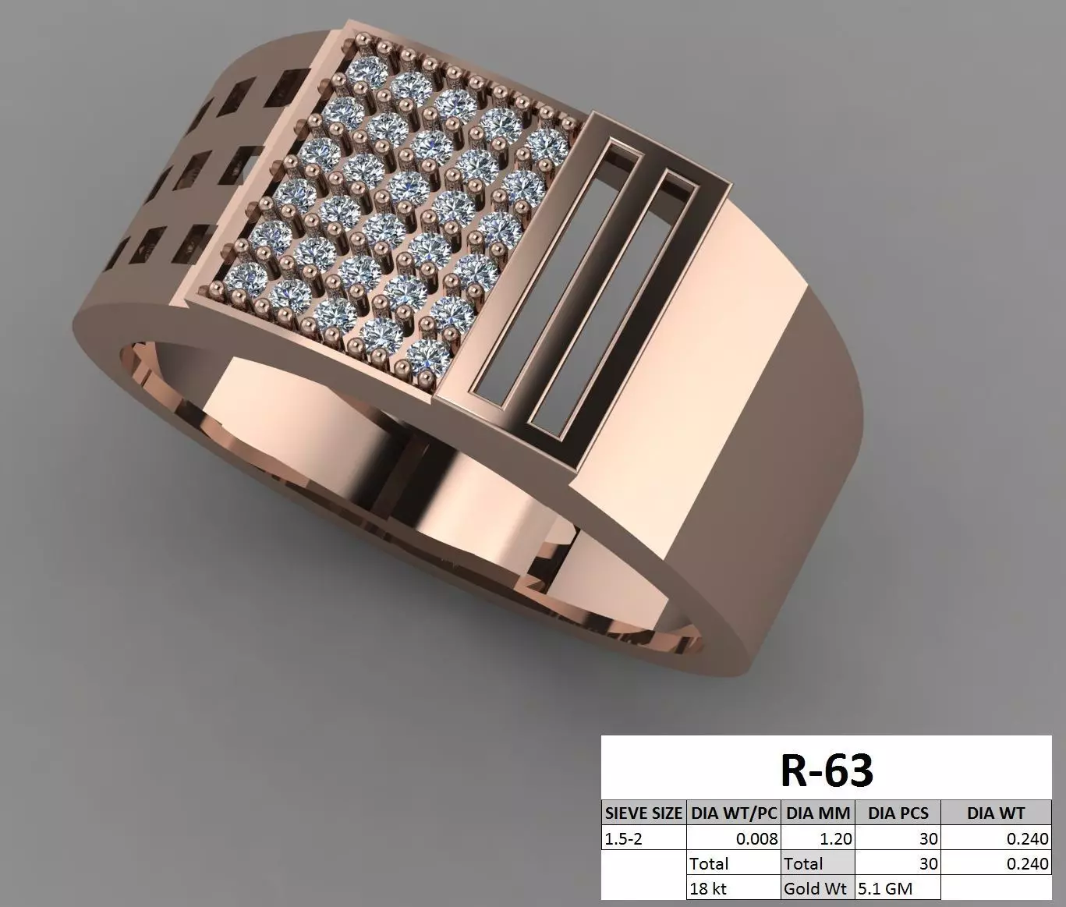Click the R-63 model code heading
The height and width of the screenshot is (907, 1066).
(x=827, y=771)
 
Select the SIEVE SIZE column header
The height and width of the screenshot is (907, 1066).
(x=644, y=813)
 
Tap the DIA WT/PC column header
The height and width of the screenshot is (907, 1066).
(x=734, y=813)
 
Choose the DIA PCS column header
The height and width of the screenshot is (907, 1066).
(x=898, y=813)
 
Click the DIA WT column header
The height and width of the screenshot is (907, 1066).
(x=996, y=813)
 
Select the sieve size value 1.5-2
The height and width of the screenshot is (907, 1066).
(x=622, y=838)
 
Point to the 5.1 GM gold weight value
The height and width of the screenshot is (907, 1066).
(x=885, y=888)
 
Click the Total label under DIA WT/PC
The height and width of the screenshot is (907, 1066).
(x=709, y=863)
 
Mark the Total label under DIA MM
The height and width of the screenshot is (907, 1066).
(x=803, y=863)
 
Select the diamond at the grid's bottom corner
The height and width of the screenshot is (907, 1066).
(x=424, y=356)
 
